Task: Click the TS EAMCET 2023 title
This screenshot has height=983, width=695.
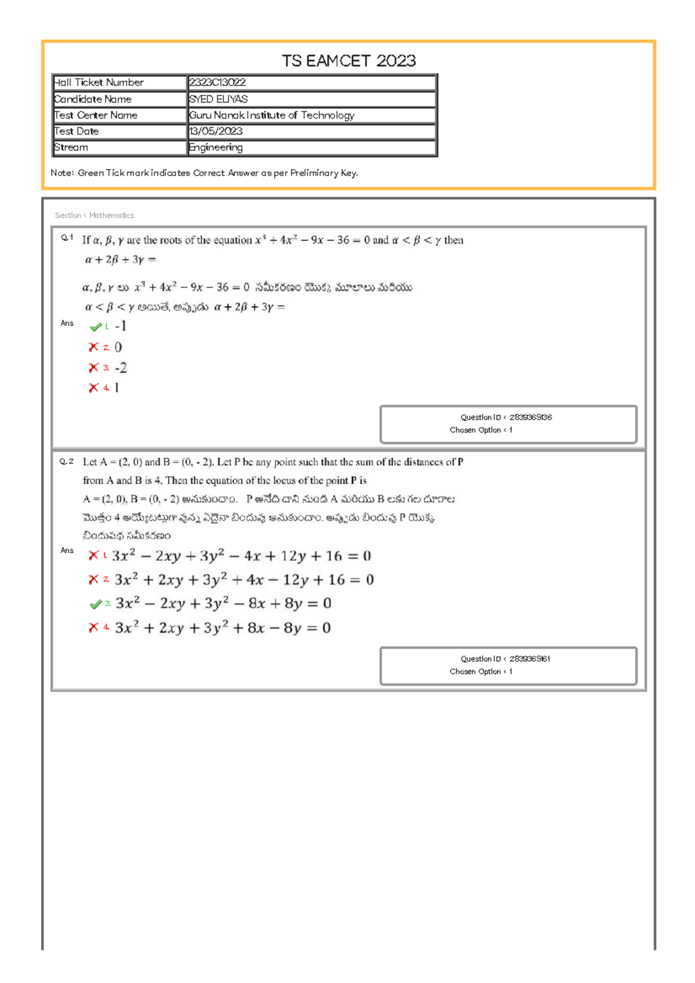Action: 349,61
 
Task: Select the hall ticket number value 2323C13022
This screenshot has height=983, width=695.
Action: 217,83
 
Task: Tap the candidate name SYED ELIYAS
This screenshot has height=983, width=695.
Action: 218,99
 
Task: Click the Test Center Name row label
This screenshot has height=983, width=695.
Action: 96,115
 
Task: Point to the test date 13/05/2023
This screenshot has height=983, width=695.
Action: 215,131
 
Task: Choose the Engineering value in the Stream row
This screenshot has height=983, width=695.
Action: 215,148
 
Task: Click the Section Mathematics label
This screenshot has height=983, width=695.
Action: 94,215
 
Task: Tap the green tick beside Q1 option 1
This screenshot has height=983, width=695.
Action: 96,327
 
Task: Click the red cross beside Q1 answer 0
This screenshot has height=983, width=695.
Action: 93,347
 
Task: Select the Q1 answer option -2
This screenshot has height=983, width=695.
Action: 120,368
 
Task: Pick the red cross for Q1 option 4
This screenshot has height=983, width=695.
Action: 93,388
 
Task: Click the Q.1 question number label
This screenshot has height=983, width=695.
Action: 67,237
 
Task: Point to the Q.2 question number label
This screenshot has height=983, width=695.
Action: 67,462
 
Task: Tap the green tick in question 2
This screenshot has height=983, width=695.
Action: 96,605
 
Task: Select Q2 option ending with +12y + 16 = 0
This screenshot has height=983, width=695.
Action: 241,556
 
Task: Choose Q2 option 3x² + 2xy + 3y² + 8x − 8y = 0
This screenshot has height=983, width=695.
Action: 222,628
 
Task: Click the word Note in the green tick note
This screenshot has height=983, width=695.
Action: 61,173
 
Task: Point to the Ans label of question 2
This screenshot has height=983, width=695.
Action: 67,550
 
